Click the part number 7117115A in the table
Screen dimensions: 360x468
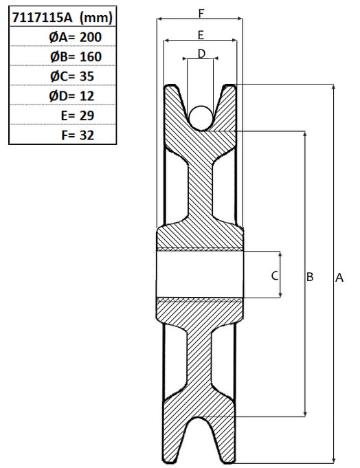coord(42,18)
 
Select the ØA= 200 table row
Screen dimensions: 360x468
coord(75,37)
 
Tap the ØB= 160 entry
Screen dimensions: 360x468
coord(76,57)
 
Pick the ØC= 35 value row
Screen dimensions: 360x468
coord(72,76)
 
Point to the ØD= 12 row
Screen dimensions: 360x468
coord(71,96)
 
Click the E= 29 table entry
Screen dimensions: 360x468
coord(78,115)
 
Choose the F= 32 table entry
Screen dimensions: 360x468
coord(78,135)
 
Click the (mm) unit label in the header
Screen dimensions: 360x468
coord(96,18)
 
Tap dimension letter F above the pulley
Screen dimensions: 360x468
coord(201,13)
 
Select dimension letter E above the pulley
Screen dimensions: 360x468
coord(201,35)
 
